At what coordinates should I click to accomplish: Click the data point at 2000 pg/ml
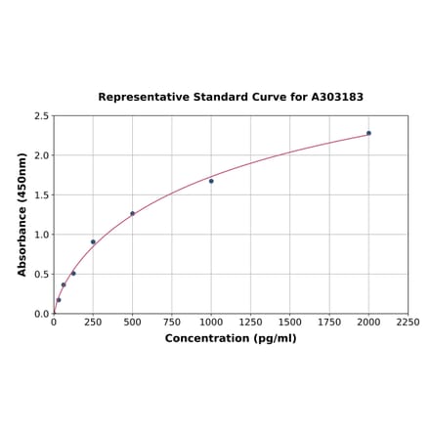(368, 133)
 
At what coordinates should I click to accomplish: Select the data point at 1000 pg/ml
(211, 181)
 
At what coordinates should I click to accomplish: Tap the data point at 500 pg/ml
(132, 213)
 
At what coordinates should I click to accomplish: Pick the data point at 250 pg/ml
(93, 241)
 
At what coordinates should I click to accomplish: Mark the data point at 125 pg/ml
(73, 273)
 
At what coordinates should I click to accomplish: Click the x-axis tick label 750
(171, 322)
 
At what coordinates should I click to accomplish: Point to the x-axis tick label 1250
(250, 322)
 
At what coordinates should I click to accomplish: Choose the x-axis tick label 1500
(290, 322)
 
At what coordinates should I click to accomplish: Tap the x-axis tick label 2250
(408, 322)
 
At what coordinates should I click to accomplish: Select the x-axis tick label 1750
(329, 322)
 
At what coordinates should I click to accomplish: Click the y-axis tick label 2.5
(42, 115)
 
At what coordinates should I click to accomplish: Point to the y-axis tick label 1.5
(42, 194)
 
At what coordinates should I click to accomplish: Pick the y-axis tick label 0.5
(42, 274)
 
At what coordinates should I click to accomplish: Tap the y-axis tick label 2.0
(42, 155)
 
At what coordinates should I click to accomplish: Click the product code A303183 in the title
(337, 98)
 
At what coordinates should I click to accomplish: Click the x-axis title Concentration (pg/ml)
(231, 338)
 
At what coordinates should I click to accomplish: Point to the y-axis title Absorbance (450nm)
(21, 214)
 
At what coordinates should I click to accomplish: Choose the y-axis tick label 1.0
(42, 235)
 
